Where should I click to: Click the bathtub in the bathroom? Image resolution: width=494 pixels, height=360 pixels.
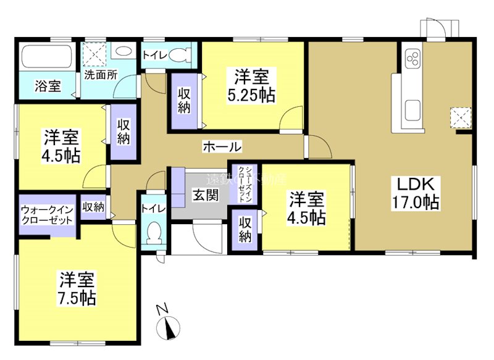(x=47, y=59)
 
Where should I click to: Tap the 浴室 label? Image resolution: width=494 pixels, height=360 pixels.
(x=47, y=86)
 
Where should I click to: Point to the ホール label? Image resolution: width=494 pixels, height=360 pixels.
(x=221, y=146)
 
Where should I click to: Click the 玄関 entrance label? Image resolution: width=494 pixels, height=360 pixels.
(x=205, y=196)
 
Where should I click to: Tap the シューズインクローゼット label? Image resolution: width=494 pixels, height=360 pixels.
(x=240, y=184)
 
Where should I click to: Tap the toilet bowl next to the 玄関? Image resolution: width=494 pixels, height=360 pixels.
(x=153, y=234)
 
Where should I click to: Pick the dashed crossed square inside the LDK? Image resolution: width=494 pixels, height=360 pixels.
(x=460, y=117)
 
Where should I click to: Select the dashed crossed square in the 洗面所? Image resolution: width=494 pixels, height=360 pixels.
(x=96, y=52)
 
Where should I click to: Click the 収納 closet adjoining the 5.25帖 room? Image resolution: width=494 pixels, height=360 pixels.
(x=184, y=101)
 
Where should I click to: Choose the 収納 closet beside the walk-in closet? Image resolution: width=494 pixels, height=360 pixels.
(x=93, y=207)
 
